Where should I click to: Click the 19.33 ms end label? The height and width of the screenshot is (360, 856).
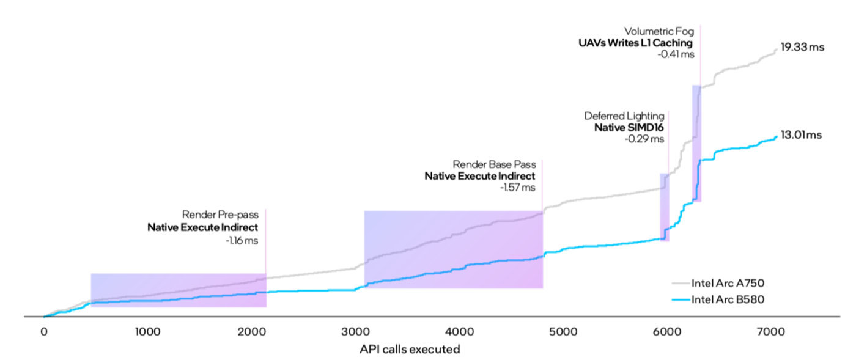802,47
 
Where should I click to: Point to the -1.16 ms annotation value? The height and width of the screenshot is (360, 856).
242,241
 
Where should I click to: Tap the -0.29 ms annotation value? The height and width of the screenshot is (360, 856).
644,139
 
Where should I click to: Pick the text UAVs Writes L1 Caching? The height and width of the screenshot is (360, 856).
636,43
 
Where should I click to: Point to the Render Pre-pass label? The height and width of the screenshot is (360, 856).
220,215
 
